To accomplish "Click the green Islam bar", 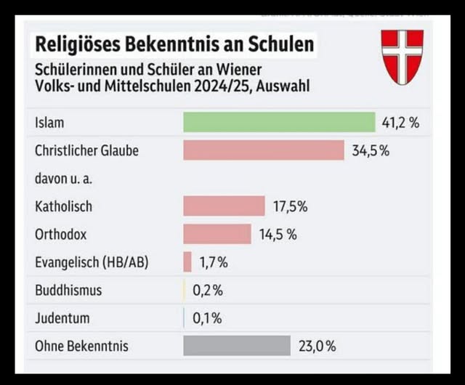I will (278, 122).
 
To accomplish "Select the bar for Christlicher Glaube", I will (263, 150).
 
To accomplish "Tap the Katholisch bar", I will (224, 206).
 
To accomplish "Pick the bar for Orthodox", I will (217, 234).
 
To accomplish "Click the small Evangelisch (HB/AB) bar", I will (187, 262).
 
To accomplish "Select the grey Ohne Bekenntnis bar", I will (237, 346).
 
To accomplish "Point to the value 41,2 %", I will (400, 122).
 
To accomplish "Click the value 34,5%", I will (371, 150).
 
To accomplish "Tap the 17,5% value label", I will (290, 206).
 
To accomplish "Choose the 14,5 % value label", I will (278, 234).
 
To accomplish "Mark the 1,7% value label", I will (214, 262).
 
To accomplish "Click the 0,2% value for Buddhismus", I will (208, 290).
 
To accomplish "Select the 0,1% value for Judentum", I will (207, 317).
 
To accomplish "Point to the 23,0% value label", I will (316, 346).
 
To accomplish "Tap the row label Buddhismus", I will (68, 290).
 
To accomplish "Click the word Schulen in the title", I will (279, 44).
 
